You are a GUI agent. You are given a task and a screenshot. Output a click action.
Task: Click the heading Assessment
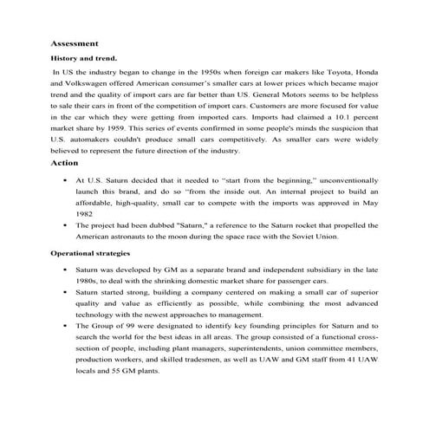point(75,42)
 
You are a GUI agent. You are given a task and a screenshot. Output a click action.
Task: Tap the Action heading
point(64,161)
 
